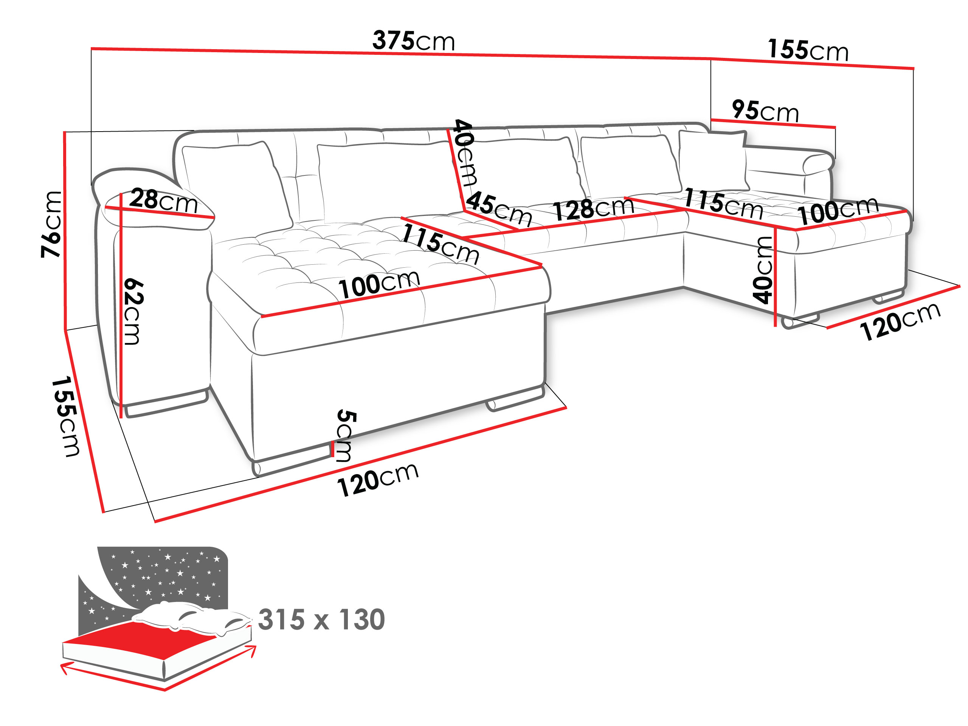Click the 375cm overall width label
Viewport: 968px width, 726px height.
point(413,41)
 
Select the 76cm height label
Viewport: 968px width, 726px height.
point(51,224)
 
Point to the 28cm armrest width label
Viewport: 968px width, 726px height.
point(163,200)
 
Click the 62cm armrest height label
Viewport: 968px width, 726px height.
point(133,311)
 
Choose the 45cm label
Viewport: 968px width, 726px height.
point(498,209)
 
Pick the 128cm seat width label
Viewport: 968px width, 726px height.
point(593,208)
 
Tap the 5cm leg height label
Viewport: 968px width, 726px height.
point(346,436)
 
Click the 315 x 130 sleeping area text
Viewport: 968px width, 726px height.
point(321,620)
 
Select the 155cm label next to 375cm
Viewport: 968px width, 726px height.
point(808,50)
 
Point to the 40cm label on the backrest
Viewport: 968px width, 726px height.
point(465,152)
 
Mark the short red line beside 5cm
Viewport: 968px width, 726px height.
point(333,449)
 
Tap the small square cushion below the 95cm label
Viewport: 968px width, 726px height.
point(712,160)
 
